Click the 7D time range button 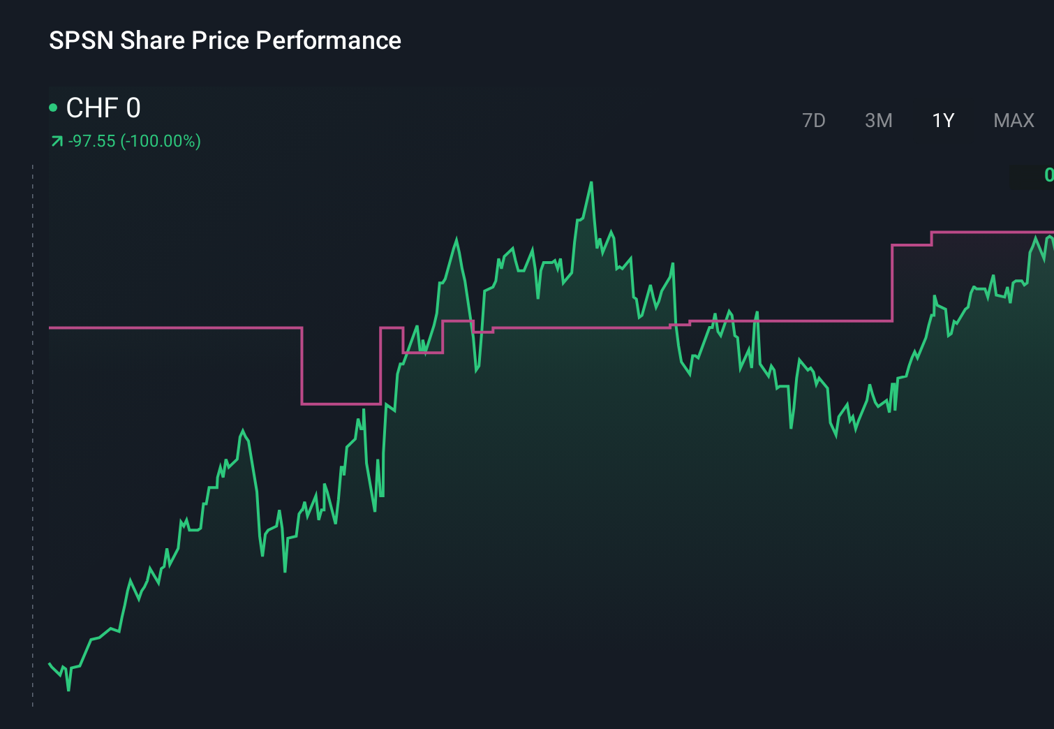tap(813, 121)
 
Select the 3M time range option tap(878, 121)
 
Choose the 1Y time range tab tap(943, 121)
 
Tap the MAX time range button tap(1014, 121)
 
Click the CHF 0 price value tap(103, 108)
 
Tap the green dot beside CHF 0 tap(53, 108)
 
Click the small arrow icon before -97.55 tap(57, 142)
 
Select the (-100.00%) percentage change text tap(161, 141)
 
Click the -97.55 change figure tap(92, 141)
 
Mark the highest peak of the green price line tap(591, 183)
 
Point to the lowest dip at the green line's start tap(68, 690)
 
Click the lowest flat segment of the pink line tap(341, 404)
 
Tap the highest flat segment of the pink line tap(991, 232)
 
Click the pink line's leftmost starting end tap(50, 327)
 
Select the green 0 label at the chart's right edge tap(1048, 175)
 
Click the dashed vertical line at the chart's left tap(33, 433)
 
